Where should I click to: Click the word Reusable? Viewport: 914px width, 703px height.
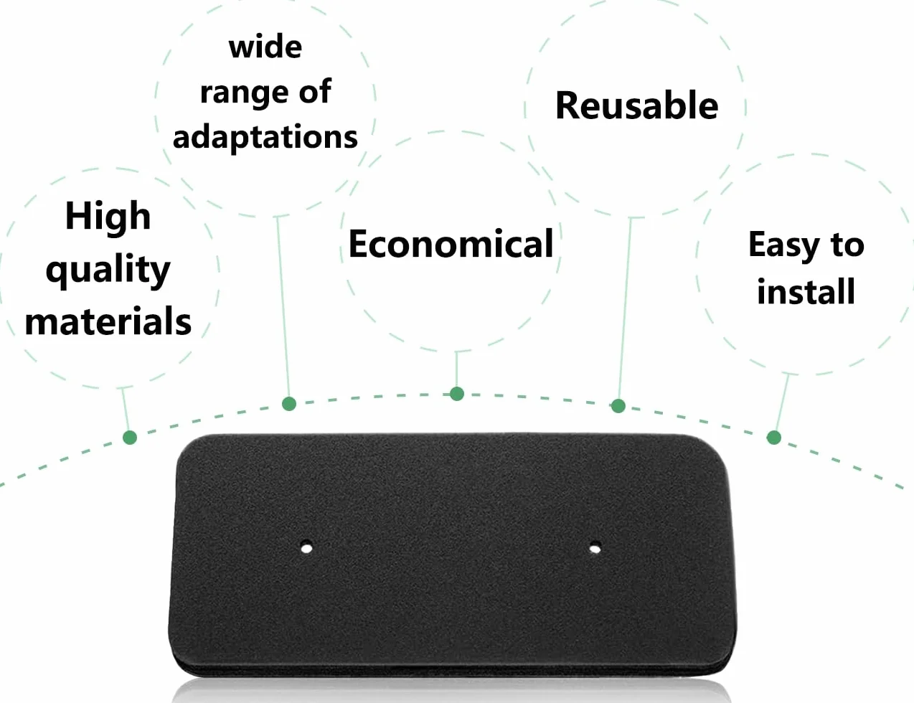click(x=637, y=105)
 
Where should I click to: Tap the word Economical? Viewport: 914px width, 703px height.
click(x=451, y=243)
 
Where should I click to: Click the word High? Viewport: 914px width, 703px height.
click(x=108, y=217)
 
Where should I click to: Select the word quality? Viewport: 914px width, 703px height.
click(x=108, y=270)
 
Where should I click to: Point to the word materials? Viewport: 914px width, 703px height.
click(x=108, y=321)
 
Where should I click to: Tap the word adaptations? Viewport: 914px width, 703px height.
click(x=265, y=138)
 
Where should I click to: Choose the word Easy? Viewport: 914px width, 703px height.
click(x=783, y=246)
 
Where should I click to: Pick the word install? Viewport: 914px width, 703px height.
click(x=806, y=291)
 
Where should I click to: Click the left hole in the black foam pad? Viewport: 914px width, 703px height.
click(x=306, y=548)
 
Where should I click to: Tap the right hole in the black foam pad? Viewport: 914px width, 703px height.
click(x=595, y=548)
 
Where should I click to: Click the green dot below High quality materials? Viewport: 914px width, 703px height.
click(x=130, y=438)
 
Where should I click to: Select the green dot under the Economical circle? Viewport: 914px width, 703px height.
click(x=457, y=394)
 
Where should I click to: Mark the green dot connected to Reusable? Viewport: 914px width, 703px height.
click(x=618, y=406)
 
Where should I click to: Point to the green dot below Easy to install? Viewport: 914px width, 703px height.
click(x=774, y=438)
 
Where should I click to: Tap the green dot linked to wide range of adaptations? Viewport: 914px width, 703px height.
click(x=289, y=404)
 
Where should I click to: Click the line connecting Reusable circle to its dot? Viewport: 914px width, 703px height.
click(x=625, y=308)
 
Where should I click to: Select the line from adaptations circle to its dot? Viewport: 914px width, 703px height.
click(x=283, y=306)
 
